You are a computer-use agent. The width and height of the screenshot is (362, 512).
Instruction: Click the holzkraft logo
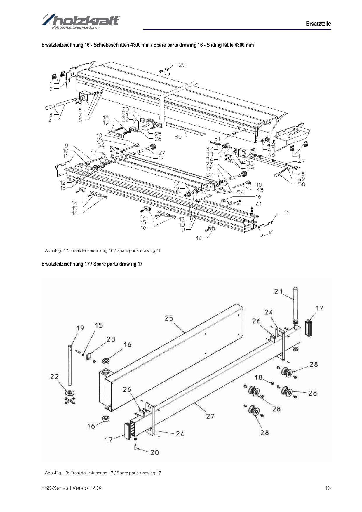(81, 21)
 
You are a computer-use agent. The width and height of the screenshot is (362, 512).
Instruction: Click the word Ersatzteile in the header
(318, 24)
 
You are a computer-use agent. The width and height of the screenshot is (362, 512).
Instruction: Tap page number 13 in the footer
(328, 488)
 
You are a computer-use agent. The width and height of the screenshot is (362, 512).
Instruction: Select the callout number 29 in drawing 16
(182, 65)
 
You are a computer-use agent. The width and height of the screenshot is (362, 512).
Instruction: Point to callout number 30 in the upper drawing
(178, 137)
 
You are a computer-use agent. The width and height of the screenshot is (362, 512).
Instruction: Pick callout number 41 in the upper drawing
(259, 204)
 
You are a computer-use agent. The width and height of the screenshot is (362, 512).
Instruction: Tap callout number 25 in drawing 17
(169, 318)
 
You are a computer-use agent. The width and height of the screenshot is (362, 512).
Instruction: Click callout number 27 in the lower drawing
(210, 416)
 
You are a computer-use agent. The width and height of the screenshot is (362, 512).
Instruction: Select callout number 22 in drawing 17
(55, 377)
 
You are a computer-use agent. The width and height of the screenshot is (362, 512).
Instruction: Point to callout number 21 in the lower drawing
(279, 291)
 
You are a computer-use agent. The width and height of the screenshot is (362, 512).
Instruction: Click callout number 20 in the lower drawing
(154, 452)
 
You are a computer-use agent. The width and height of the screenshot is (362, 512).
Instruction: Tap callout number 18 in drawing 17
(259, 377)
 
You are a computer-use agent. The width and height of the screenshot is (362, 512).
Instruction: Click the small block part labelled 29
(168, 71)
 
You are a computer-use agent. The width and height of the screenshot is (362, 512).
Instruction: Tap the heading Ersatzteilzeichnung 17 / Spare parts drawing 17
(92, 264)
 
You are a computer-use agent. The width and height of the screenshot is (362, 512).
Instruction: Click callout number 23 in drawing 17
(111, 339)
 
